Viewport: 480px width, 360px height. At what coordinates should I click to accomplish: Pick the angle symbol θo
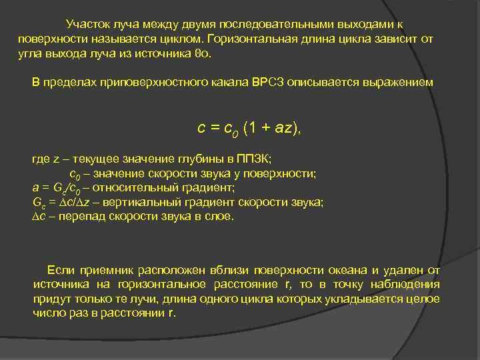pos(201,54)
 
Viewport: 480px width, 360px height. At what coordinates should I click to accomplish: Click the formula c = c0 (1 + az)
pos(249,128)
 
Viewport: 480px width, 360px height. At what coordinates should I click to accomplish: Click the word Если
pos(61,270)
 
